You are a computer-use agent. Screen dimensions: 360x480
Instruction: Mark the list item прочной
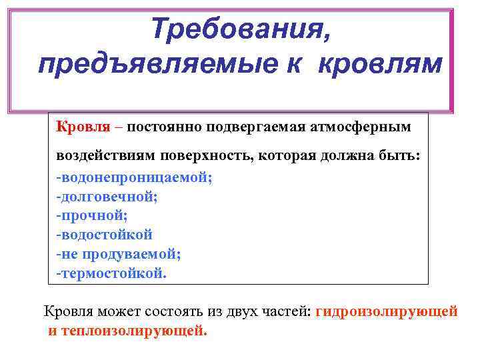tap(93, 215)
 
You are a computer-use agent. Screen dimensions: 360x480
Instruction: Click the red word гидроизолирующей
tap(387, 311)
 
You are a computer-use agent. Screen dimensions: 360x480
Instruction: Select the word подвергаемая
tap(246, 125)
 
